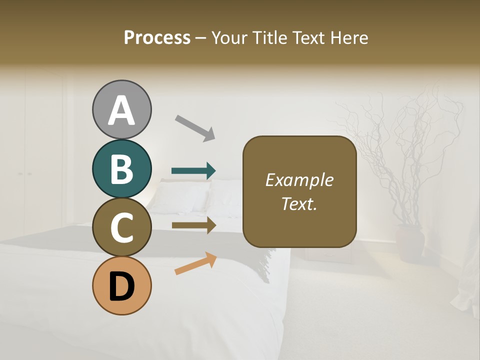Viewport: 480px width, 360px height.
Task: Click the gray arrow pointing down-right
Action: (x=194, y=127)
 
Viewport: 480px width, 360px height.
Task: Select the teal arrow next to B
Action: (x=193, y=171)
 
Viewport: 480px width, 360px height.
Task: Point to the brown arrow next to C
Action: (x=193, y=225)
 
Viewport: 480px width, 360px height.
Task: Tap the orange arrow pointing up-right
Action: (x=195, y=263)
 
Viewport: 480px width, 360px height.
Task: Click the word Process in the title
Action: (x=157, y=37)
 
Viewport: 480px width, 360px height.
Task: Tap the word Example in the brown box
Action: (x=299, y=180)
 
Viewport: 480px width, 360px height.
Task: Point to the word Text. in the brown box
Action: (x=299, y=203)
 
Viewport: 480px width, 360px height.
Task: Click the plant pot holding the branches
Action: (x=410, y=243)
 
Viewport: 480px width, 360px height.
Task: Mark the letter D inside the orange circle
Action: (x=121, y=287)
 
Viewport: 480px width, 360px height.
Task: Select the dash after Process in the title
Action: (x=200, y=38)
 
